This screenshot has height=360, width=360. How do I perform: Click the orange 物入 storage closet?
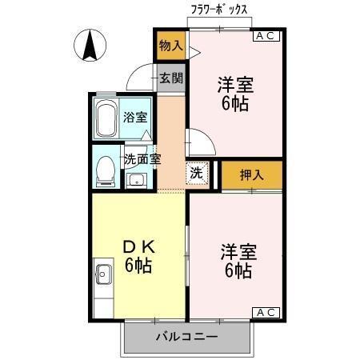(170, 46)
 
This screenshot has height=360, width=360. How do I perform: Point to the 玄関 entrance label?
(170, 78)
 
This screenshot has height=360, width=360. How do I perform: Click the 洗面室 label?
(142, 158)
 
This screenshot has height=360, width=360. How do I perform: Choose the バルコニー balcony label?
(186, 337)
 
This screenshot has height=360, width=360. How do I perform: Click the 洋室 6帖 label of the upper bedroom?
(236, 93)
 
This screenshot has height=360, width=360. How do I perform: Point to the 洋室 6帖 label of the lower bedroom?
(238, 261)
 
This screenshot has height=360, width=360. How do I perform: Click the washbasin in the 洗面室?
(135, 178)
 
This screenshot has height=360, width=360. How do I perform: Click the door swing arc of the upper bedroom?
(200, 144)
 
